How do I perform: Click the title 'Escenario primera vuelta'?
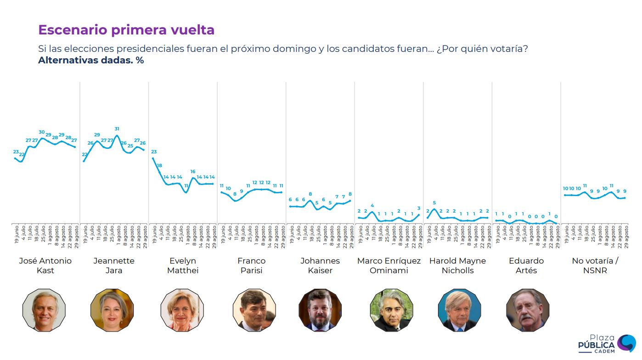126,30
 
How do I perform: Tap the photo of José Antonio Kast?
44,310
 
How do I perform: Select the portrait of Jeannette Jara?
112,310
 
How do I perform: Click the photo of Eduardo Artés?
527,310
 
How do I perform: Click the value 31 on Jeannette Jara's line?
117,129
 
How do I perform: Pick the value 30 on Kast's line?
42,132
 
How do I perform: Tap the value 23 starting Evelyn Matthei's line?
154,152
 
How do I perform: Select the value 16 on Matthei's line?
193,172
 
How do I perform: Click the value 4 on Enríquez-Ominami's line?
372,206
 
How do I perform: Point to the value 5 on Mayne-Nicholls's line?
434,203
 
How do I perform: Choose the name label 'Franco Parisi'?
252,265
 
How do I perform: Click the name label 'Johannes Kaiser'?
320,265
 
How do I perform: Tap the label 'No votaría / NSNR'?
595,265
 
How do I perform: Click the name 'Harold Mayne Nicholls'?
457,265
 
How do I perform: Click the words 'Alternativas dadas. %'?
91,60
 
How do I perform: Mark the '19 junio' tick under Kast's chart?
17,234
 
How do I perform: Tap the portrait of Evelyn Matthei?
182,310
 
